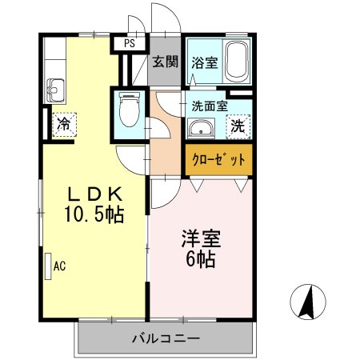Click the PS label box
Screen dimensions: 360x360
click(128, 43)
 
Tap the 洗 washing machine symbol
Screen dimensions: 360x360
click(238, 125)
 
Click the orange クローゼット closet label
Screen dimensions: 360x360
click(218, 158)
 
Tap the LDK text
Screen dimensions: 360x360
click(93, 194)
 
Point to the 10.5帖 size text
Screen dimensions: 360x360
click(93, 214)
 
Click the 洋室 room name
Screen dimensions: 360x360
click(200, 238)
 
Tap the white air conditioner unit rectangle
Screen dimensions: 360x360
click(46, 263)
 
